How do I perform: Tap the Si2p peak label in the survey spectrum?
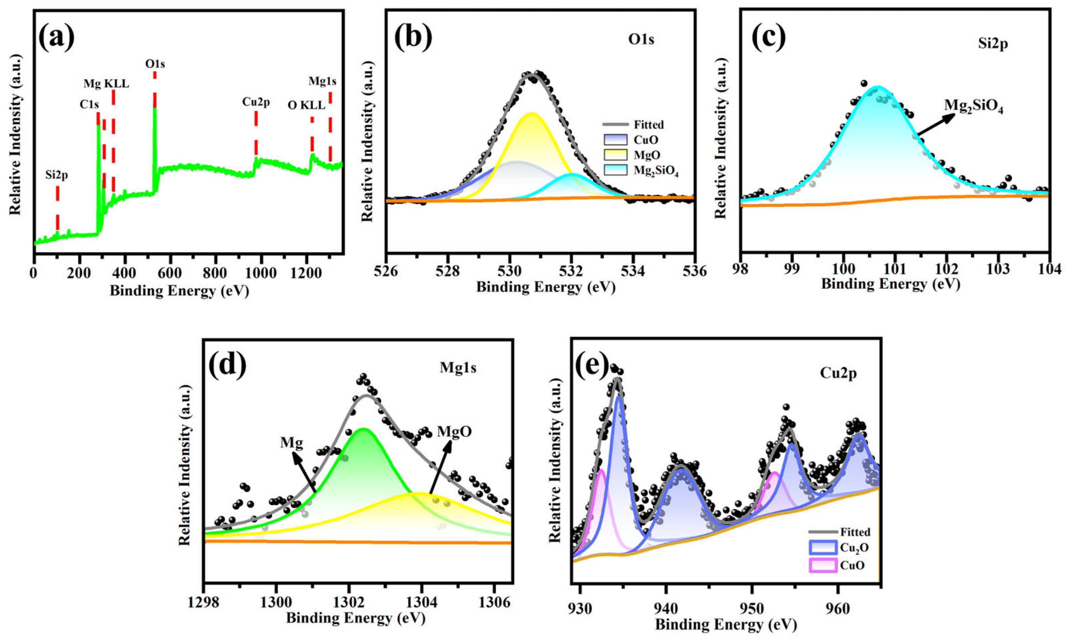click(57, 175)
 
